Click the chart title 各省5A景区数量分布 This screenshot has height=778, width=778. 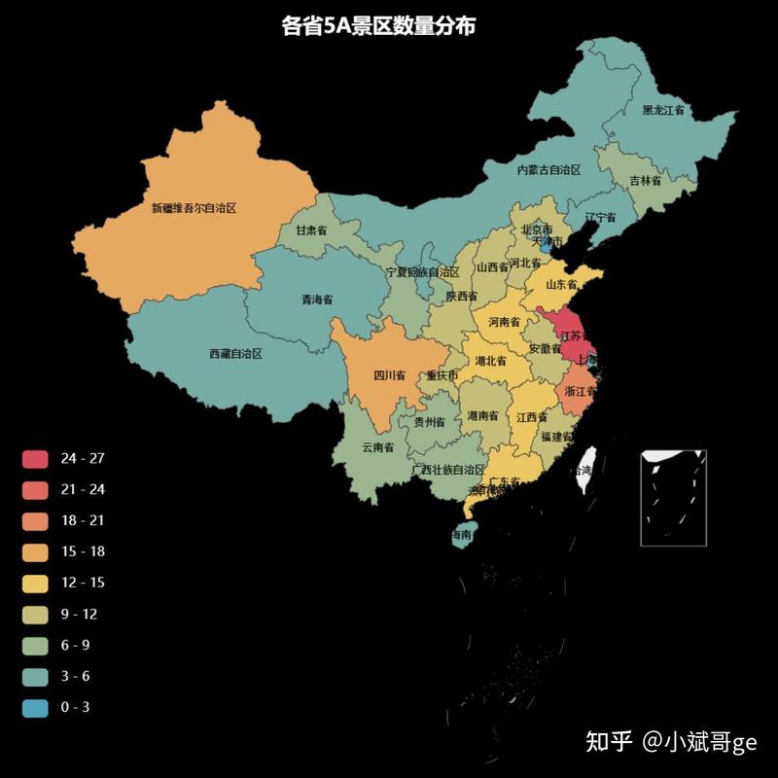(378, 27)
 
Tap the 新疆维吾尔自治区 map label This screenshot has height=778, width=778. (194, 207)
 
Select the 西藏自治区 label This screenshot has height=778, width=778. (235, 354)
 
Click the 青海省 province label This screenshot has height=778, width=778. (317, 300)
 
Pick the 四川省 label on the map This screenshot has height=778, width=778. (389, 374)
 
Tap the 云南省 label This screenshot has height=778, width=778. (377, 447)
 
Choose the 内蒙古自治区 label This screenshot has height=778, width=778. (548, 169)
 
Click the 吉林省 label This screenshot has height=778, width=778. (645, 181)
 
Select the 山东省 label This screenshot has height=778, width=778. (561, 284)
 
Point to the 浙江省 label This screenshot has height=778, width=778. (580, 391)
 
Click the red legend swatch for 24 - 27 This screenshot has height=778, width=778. (35, 458)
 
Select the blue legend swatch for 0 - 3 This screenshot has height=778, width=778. (35, 707)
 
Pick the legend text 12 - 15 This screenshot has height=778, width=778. (83, 583)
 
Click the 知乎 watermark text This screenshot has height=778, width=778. (609, 742)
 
